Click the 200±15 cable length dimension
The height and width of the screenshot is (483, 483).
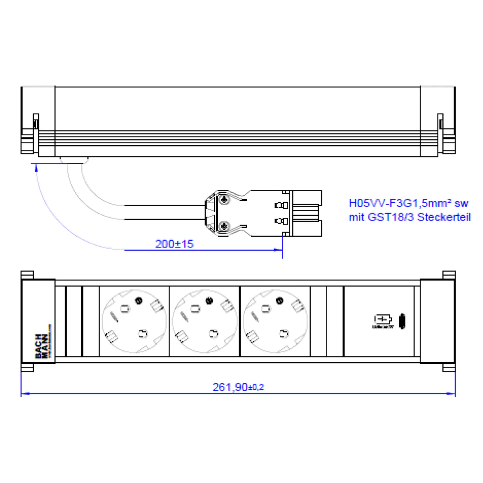point(174,244)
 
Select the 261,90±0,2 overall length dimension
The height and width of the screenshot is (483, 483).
point(238,387)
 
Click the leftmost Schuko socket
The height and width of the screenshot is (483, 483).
point(134,321)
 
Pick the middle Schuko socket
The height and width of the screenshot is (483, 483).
point(204,321)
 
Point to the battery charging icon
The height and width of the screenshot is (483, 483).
point(382,320)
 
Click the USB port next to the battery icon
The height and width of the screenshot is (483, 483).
point(402,321)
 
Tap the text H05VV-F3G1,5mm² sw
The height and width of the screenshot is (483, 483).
point(409,203)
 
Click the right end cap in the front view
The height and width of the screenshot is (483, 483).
point(437,321)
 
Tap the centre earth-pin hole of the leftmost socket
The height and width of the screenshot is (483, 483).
point(139,300)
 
